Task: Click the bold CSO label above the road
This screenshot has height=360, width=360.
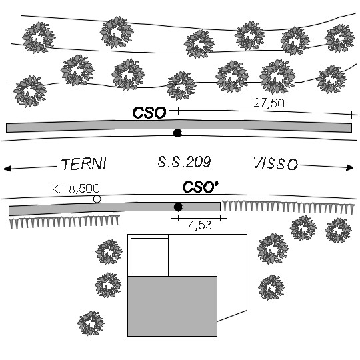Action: [x=149, y=113]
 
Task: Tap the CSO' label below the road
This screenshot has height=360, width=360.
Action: [x=200, y=187]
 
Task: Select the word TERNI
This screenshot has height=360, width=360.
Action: [x=84, y=164]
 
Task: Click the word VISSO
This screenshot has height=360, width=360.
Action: [x=275, y=163]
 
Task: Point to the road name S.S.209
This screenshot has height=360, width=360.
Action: [x=184, y=161]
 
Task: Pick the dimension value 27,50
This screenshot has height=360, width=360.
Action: [x=269, y=103]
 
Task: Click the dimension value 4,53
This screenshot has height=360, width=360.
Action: [x=200, y=225]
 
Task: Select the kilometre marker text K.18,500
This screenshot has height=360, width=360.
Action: [x=76, y=189]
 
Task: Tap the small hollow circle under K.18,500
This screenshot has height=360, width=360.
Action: [x=97, y=199]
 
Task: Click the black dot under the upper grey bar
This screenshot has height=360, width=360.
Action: [x=177, y=133]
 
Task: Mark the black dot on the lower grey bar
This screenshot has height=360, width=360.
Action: [x=178, y=207]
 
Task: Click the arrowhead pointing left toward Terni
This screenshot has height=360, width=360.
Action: [x=7, y=169]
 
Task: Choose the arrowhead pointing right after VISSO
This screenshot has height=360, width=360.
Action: [x=350, y=167]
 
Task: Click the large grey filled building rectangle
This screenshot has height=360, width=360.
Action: [x=172, y=306]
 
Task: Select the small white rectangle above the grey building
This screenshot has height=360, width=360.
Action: [x=149, y=257]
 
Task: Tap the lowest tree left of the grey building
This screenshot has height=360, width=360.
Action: [x=91, y=323]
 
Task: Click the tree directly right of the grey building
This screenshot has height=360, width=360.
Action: [x=271, y=287]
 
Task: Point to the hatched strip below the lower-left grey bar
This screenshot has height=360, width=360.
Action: [x=64, y=221]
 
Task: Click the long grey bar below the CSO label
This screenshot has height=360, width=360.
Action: [x=179, y=126]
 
